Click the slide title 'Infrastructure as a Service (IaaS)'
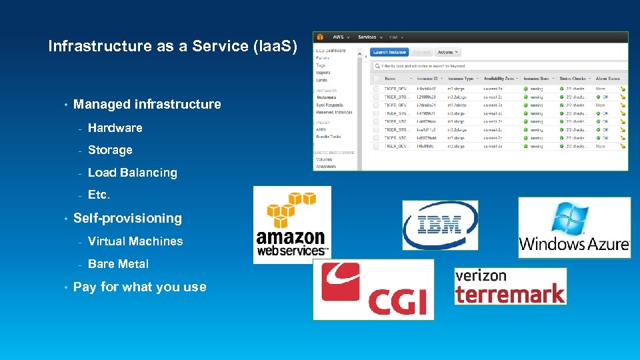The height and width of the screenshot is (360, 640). [173, 46]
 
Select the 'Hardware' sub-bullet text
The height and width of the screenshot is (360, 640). [115, 127]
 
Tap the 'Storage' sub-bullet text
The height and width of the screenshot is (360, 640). [110, 150]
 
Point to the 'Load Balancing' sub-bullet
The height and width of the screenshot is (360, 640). [132, 173]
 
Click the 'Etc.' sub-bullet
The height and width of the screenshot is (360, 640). [99, 195]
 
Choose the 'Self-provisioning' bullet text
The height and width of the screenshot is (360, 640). [127, 218]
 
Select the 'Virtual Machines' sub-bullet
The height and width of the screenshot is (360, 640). [135, 241]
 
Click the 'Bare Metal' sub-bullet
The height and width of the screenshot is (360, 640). [118, 264]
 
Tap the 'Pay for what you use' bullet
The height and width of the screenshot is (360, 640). [139, 287]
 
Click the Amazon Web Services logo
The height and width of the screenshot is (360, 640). [292, 225]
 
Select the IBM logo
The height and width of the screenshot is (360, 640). [440, 225]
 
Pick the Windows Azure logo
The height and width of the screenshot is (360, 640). [574, 227]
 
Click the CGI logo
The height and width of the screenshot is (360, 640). [373, 289]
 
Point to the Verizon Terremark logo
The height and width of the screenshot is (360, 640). [510, 286]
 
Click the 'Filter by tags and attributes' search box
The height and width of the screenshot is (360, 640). [500, 66]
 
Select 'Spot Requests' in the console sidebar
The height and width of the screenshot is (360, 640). [331, 105]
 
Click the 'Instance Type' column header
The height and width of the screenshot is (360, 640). [460, 79]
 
